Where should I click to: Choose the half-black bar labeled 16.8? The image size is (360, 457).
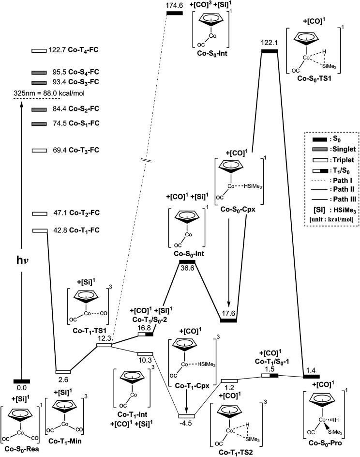coord(146,334)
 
